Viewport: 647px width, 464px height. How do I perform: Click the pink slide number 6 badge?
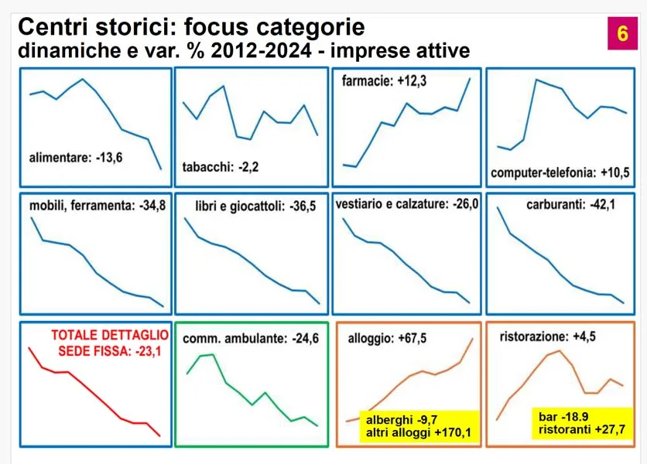click(x=622, y=34)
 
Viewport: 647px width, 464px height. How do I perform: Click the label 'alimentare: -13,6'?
click(x=76, y=159)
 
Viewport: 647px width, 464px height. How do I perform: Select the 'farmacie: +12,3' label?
click(x=384, y=80)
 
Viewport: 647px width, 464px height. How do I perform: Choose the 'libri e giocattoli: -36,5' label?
click(x=253, y=207)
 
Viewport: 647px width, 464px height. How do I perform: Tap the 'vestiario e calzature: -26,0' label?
click(x=408, y=206)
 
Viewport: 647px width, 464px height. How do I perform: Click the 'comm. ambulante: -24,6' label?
click(x=250, y=338)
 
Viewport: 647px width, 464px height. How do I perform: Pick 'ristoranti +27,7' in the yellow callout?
click(x=581, y=430)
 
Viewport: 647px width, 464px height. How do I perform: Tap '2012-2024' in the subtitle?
click(x=258, y=52)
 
